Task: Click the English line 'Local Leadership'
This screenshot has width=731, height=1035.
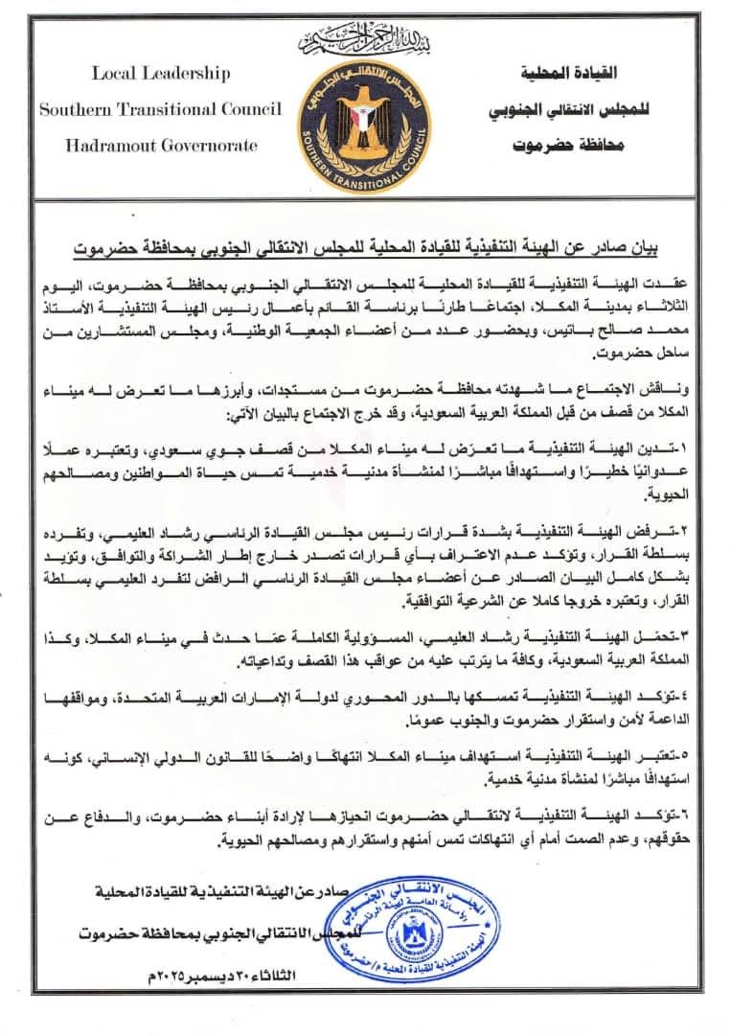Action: [x=161, y=73]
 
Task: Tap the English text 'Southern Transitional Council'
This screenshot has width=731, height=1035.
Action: [x=161, y=109]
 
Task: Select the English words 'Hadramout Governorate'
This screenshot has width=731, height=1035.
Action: [x=161, y=146]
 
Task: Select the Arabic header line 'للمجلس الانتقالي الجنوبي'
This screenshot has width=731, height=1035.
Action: [x=568, y=109]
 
